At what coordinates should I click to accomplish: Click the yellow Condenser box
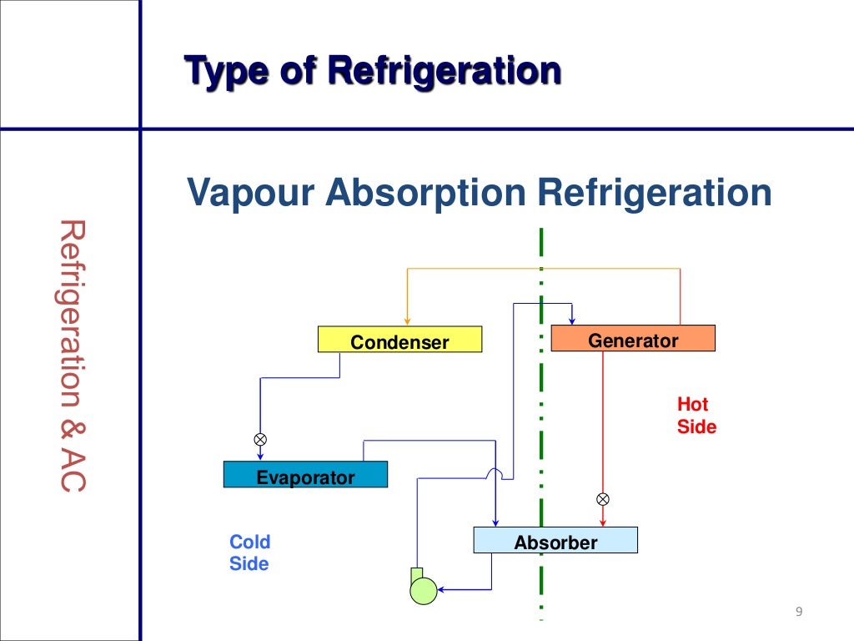[399, 339]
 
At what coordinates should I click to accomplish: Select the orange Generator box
[633, 338]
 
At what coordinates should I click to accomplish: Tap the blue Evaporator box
[305, 475]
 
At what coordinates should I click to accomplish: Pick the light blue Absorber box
[555, 541]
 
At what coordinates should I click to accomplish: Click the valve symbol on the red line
[603, 499]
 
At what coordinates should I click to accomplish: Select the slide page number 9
[798, 613]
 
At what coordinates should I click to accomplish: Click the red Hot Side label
[696, 416]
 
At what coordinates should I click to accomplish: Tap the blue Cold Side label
[249, 553]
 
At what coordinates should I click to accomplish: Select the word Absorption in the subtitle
[425, 193]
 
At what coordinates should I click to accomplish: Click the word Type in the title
[220, 70]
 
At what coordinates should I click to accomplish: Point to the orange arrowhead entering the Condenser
[407, 320]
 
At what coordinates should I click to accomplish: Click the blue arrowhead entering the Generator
[571, 320]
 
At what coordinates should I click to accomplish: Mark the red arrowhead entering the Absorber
[603, 522]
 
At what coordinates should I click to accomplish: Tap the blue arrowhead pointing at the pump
[443, 590]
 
